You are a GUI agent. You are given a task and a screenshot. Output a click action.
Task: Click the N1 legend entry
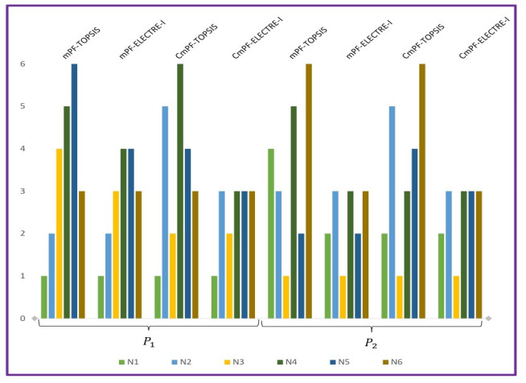[x=134, y=362]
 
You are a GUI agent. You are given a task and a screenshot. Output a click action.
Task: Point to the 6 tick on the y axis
[x=23, y=64]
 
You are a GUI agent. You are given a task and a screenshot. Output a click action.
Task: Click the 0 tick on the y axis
[x=23, y=319]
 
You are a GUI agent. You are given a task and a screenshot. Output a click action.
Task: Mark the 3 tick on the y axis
[x=23, y=191]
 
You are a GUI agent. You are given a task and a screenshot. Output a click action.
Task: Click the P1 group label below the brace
[x=148, y=342]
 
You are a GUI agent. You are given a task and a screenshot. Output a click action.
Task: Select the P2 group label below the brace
[x=372, y=342]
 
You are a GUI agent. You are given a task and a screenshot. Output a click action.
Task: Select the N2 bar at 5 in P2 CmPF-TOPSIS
[x=392, y=212]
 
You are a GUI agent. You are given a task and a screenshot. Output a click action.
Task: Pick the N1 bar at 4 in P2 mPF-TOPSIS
[x=270, y=233]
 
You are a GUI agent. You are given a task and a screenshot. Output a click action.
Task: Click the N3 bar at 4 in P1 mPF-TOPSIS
[x=59, y=233]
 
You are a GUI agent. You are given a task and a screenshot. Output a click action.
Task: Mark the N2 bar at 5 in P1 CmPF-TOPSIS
[x=165, y=212]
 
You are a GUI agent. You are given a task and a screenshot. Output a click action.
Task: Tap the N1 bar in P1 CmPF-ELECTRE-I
[x=214, y=298]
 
